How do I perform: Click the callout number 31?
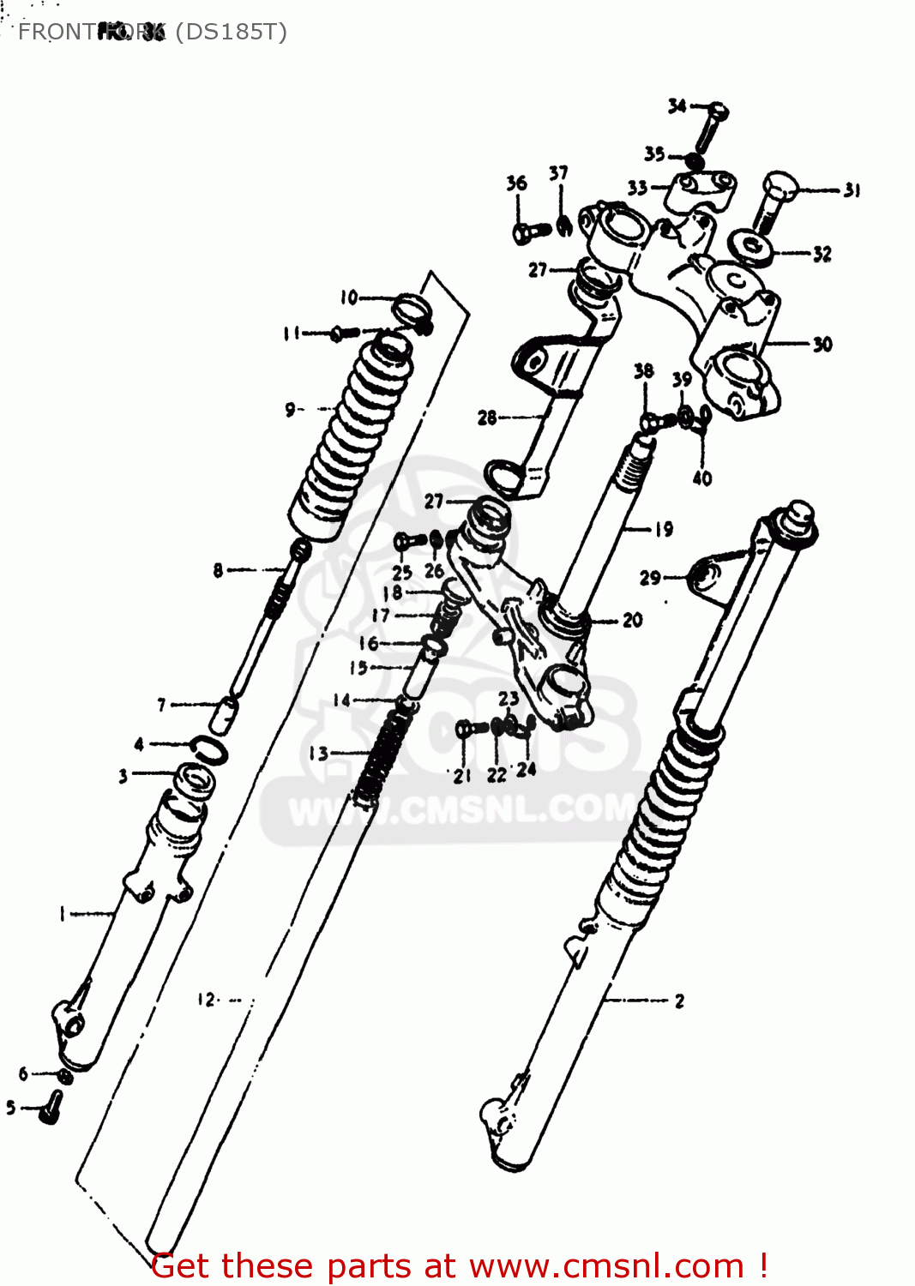(x=852, y=190)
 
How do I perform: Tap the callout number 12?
(x=207, y=999)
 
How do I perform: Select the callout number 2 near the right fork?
(x=679, y=1001)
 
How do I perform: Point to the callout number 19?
(x=664, y=529)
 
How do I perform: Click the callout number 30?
(x=822, y=344)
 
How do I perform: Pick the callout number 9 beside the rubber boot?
(x=291, y=410)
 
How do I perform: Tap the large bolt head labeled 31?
(x=780, y=187)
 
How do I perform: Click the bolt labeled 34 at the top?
(x=711, y=124)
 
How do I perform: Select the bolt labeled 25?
(x=406, y=542)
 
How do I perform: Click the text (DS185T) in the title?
(x=231, y=32)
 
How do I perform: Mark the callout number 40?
(x=701, y=478)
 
